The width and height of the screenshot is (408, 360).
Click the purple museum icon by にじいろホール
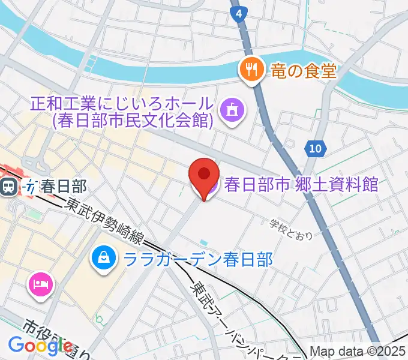232,110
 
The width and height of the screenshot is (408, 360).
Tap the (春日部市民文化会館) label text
133,121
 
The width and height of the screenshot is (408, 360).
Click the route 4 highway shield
239,13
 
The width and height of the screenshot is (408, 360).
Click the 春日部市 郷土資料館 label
301,184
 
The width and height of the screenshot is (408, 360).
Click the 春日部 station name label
58,187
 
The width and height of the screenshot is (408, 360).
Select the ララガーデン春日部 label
197,260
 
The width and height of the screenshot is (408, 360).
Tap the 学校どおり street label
291,228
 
